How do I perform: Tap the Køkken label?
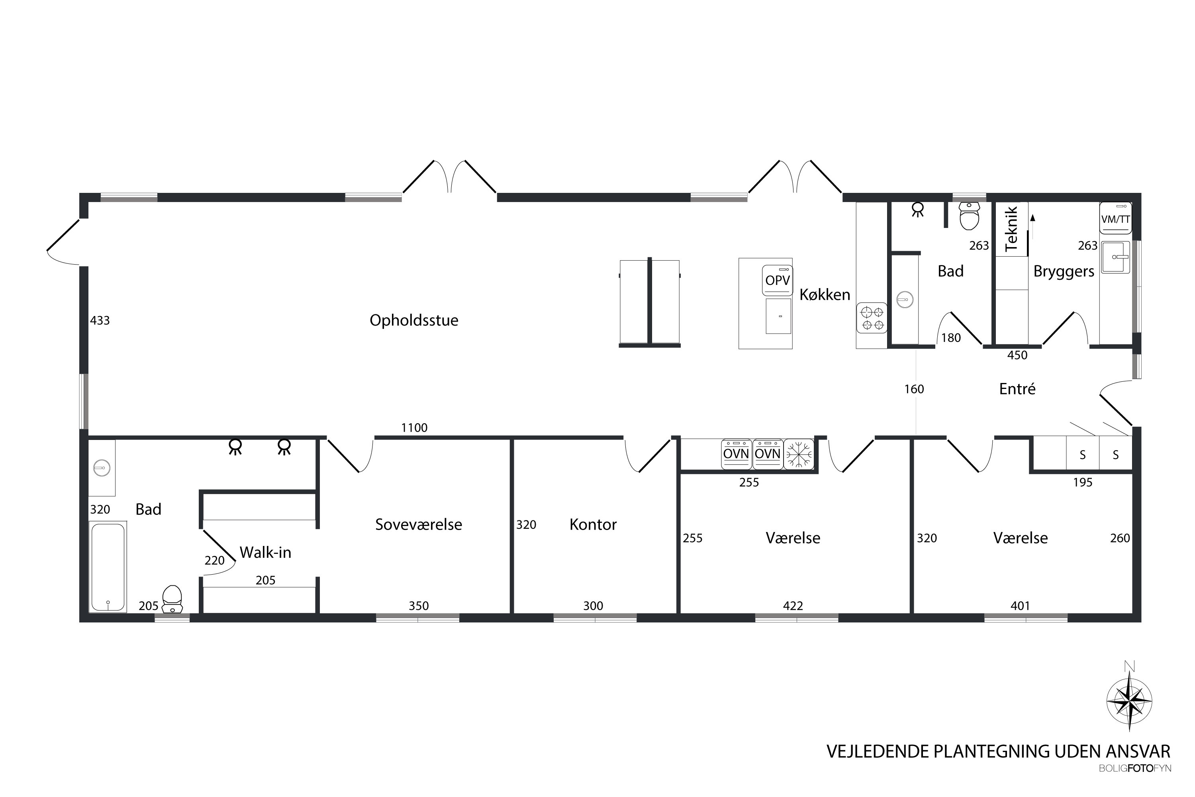point(825,294)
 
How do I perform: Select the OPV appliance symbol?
point(778,280)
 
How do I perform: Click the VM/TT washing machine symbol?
point(1115,218)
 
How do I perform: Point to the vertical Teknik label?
point(1012,229)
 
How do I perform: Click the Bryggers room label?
point(1064,272)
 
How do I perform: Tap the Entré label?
point(1017,389)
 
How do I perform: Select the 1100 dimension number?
point(414,428)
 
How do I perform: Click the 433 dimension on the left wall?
point(100,320)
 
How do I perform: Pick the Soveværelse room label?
point(419,524)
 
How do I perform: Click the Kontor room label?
point(593,524)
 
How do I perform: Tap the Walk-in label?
point(265,552)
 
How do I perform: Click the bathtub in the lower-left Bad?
point(108,567)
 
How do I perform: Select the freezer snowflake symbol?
point(799,454)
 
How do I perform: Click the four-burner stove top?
point(872,318)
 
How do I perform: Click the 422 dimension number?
point(793,606)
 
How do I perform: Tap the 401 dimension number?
point(1020,606)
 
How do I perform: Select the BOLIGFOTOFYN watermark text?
point(1134,769)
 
